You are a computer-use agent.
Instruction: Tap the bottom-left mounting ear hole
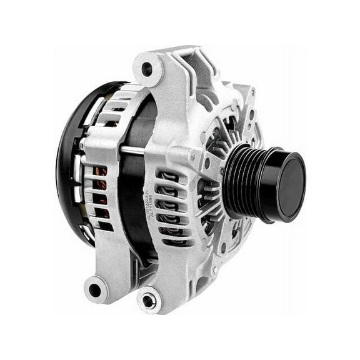click(95, 289)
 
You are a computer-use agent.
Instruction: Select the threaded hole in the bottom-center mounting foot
click(149, 301)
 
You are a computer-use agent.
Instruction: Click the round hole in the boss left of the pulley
click(207, 164)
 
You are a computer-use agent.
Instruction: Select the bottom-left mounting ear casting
click(100, 284)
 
